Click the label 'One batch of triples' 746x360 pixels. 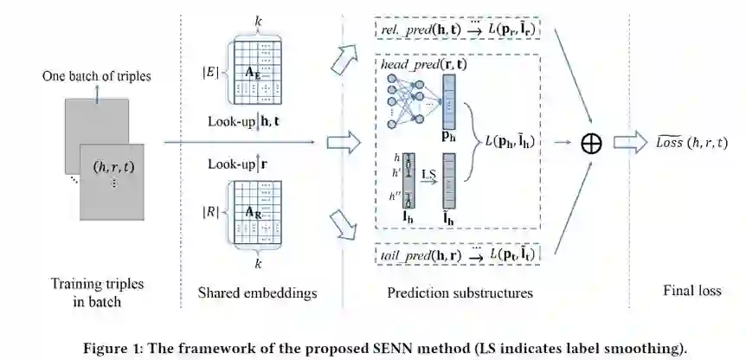click(96, 77)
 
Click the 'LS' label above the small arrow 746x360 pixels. click(427, 175)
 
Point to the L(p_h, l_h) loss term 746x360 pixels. click(512, 142)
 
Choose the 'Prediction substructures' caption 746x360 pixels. click(460, 292)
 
